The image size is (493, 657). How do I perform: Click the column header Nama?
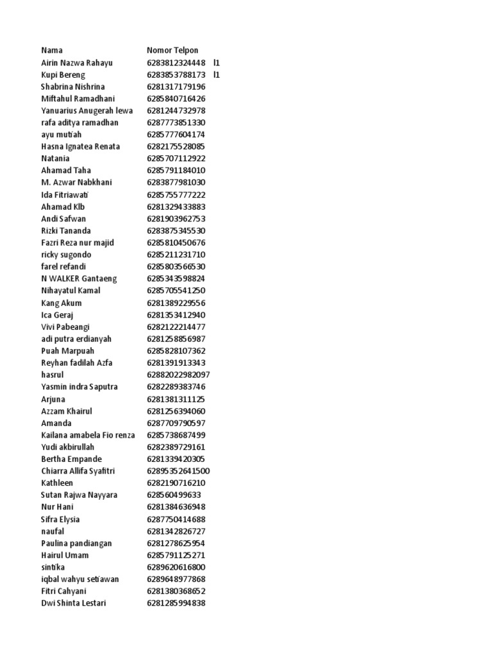pyautogui.click(x=52, y=50)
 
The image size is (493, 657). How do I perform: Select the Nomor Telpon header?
pyautogui.click(x=173, y=50)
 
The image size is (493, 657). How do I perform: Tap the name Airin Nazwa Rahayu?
pyautogui.click(x=77, y=62)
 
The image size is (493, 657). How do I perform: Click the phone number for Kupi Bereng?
pyautogui.click(x=176, y=74)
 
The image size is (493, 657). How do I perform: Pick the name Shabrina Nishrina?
pyautogui.click(x=73, y=87)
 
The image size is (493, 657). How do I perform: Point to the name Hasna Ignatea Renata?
pyautogui.click(x=80, y=146)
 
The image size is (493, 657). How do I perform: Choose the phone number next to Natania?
pyautogui.click(x=176, y=158)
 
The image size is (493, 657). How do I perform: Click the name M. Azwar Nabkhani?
pyautogui.click(x=76, y=182)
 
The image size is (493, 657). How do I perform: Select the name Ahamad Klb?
pyautogui.click(x=63, y=207)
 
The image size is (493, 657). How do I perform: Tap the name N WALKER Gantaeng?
pyautogui.click(x=79, y=278)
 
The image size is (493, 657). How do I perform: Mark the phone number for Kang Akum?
pyautogui.click(x=176, y=303)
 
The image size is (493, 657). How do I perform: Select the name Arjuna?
pyautogui.click(x=53, y=399)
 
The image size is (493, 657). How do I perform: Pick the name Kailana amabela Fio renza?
pyautogui.click(x=88, y=435)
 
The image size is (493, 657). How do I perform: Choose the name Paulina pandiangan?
pyautogui.click(x=76, y=543)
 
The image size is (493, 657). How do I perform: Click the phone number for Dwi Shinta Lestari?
pyautogui.click(x=176, y=603)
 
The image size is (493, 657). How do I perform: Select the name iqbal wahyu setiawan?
pyautogui.click(x=80, y=579)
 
